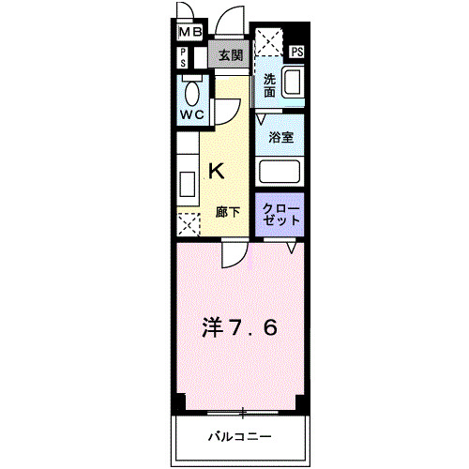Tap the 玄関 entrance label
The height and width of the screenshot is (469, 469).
coord(231,55)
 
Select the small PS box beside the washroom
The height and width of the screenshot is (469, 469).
coord(297,53)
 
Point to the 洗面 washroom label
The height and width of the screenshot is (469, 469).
coord(269,85)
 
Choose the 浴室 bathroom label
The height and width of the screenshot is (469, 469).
coord(281,137)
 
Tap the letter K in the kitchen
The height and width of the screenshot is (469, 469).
coord(215,171)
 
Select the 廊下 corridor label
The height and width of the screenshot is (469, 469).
coord(228,212)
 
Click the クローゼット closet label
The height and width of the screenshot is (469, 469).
coord(280,213)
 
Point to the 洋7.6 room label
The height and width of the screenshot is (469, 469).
coord(240,328)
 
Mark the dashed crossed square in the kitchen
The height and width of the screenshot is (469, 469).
coord(189,225)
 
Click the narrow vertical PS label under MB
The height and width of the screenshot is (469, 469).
coord(183,56)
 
